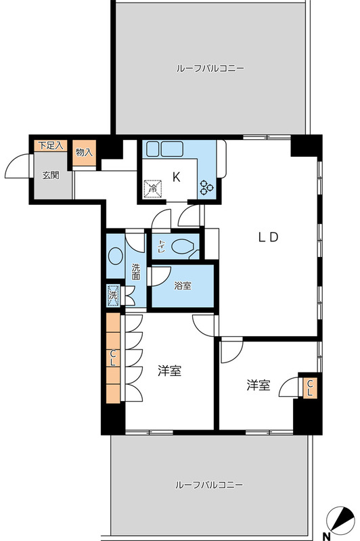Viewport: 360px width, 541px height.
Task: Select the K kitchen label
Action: coord(176,178)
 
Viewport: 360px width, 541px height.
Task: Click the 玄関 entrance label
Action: coord(51,175)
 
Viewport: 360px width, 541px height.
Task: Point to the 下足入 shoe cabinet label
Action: coord(51,145)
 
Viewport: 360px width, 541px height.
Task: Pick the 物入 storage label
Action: coord(85,153)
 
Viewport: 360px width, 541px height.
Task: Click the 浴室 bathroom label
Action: coord(182,285)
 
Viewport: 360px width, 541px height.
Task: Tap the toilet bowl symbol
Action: coord(183,248)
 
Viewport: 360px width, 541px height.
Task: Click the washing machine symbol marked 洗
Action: coord(114,295)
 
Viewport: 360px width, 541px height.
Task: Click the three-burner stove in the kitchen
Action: coord(206,189)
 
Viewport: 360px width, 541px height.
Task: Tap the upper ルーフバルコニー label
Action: coord(209,68)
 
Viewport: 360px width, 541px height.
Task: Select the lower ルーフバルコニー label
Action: coord(209,485)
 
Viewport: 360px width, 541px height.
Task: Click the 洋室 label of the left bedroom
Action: coord(169,371)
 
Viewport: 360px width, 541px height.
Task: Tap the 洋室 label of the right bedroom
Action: coord(258,385)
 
